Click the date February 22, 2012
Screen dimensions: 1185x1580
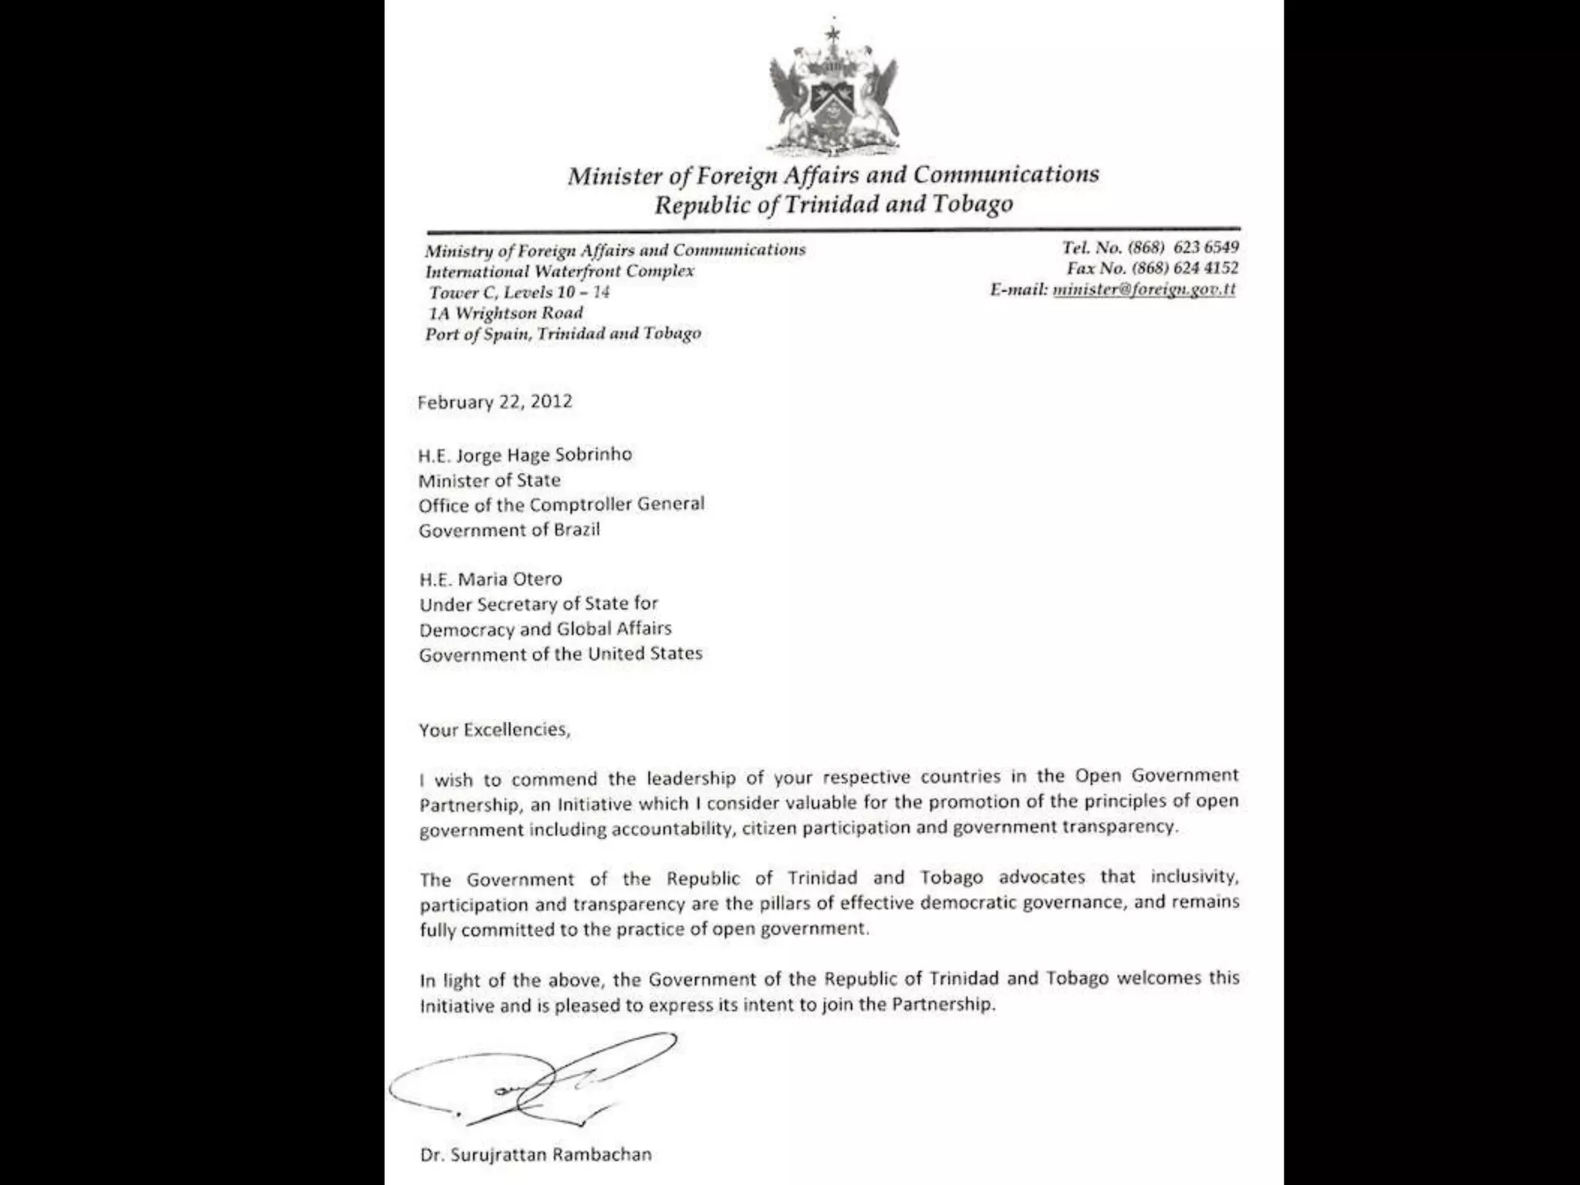(x=495, y=402)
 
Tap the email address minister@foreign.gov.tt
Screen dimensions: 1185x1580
(x=1144, y=289)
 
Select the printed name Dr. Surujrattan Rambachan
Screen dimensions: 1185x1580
(x=536, y=1155)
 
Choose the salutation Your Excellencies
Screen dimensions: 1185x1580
(x=495, y=730)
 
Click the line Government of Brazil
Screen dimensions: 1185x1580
(x=509, y=530)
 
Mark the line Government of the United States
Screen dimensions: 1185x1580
(x=561, y=654)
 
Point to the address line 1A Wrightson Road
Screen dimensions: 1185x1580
(x=505, y=313)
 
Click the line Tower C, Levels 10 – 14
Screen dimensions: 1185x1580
(x=519, y=292)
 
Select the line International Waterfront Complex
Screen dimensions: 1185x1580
(x=560, y=272)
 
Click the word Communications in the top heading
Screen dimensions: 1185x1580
(x=1006, y=175)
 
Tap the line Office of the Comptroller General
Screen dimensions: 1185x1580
(x=562, y=505)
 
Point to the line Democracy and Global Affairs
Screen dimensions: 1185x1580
(x=545, y=630)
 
